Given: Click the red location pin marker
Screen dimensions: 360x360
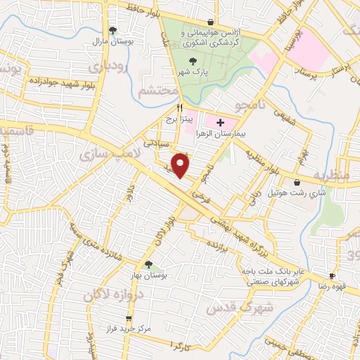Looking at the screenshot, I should coord(181,165).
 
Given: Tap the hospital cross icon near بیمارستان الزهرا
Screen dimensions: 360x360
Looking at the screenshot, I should coord(221,122).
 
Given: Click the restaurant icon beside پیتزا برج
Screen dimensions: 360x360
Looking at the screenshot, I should coord(179,108).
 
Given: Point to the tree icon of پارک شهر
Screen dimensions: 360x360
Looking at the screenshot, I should coord(173,61).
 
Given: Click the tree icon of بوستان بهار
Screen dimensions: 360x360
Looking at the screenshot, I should coord(148,264).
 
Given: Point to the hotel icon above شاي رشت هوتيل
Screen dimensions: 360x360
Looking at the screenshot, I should coord(298,182).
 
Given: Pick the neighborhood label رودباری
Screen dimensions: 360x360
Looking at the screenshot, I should coord(108,68).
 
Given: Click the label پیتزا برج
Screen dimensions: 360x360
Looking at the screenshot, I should coord(179,120).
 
